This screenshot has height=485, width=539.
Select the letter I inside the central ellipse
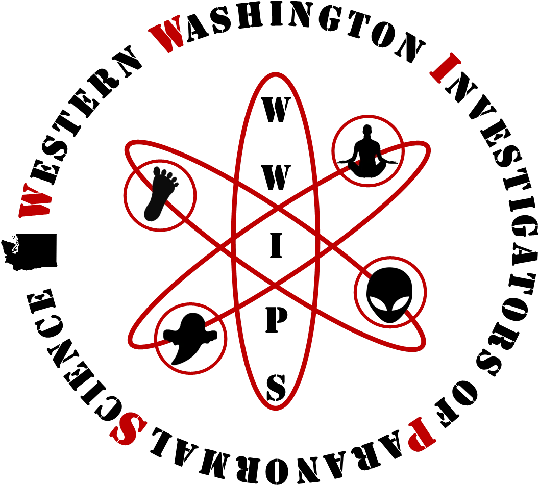tap(276, 245)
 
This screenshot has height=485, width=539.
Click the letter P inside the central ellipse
tap(276, 321)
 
